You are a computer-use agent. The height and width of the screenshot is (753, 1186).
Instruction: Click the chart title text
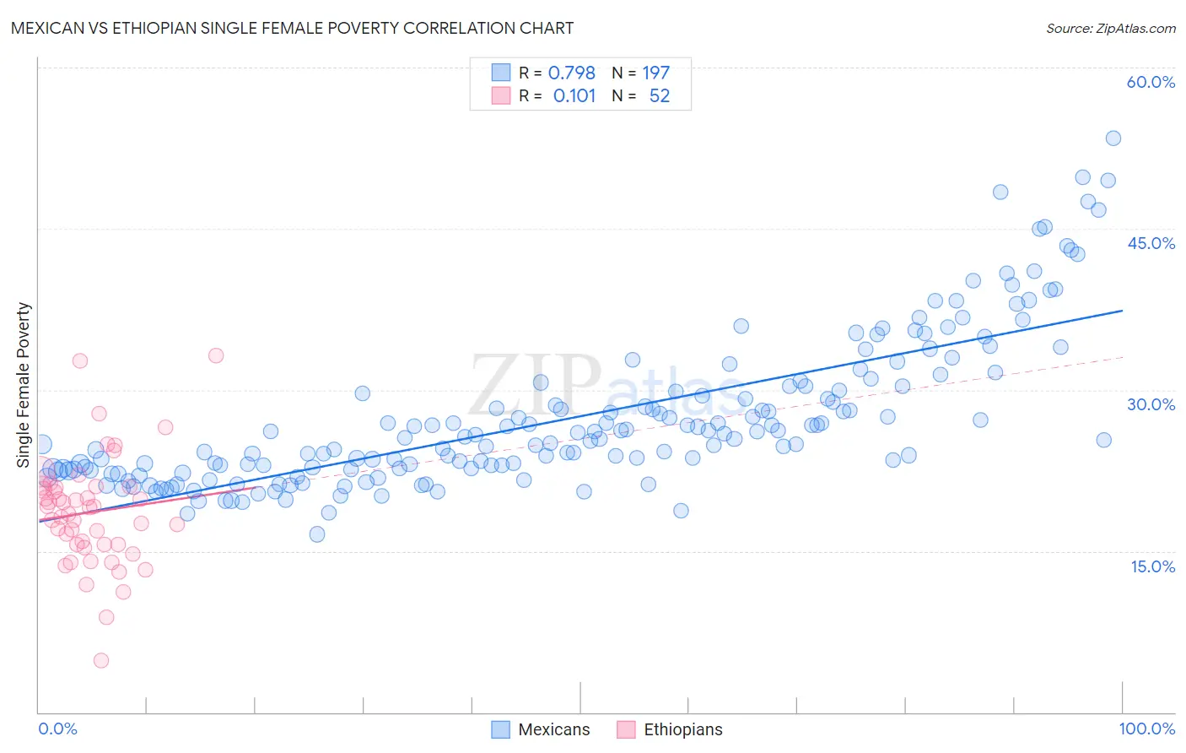point(292,29)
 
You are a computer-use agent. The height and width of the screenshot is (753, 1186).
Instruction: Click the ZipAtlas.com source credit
point(1110,29)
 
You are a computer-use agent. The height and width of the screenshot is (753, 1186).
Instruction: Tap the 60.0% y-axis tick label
point(1151,82)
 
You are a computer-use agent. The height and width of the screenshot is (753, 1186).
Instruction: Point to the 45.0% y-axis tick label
point(1151,243)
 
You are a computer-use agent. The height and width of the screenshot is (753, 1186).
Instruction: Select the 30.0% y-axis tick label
point(1151,404)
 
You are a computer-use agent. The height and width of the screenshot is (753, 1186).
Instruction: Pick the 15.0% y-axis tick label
point(1152,566)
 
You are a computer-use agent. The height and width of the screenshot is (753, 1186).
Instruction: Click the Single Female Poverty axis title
point(24,385)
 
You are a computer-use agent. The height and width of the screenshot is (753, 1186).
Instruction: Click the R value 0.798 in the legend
point(571,73)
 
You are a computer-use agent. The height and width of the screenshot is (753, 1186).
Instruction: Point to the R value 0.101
point(574,96)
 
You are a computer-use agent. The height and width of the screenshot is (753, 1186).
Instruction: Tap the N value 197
point(655,73)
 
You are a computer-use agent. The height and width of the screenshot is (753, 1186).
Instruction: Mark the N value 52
point(659,96)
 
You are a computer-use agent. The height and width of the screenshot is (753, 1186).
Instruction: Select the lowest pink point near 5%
point(101,660)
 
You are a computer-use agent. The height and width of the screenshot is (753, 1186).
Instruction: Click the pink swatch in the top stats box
point(501,95)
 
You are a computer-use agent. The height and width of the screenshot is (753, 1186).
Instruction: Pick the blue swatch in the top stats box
point(501,73)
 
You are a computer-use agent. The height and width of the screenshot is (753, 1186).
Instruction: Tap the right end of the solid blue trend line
point(1123,311)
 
